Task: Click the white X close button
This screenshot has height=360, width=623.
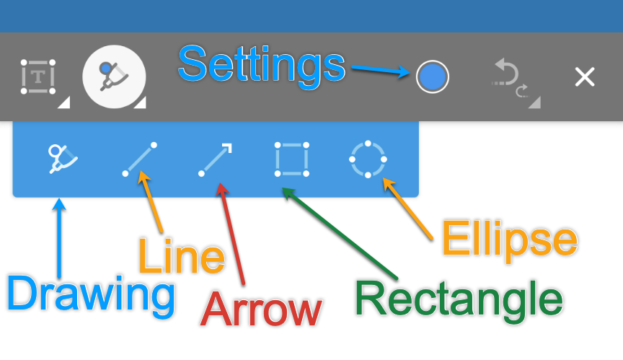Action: (584, 77)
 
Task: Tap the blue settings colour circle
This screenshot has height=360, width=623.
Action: (432, 76)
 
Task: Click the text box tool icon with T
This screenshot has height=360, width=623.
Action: (38, 77)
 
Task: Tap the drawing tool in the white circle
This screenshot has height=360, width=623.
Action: (114, 76)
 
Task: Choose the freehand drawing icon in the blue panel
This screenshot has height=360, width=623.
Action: (63, 159)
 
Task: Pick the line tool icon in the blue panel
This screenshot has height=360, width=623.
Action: (140, 159)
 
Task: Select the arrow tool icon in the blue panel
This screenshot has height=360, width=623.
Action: (215, 159)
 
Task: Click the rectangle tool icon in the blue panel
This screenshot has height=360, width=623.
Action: (291, 159)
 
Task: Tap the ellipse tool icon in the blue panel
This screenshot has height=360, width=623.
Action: (368, 159)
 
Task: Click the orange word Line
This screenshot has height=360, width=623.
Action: (181, 257)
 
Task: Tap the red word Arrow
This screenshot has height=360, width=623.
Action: (261, 310)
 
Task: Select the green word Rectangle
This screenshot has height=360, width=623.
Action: (459, 299)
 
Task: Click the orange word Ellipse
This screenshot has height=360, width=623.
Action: (509, 239)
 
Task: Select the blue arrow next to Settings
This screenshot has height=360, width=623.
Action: (381, 71)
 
